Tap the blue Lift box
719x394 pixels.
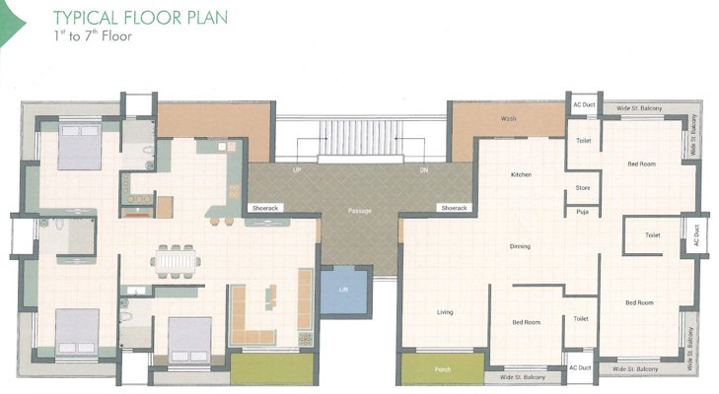(341, 290)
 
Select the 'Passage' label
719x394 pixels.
(358, 211)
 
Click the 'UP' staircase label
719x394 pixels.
(297, 169)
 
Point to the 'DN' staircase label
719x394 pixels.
(424, 169)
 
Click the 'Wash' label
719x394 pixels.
(509, 119)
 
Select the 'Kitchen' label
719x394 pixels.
(521, 174)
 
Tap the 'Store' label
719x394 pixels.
(582, 188)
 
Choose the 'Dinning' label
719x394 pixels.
(520, 246)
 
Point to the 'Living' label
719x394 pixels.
(444, 312)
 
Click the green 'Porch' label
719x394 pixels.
(443, 370)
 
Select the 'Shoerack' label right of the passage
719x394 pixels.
(454, 208)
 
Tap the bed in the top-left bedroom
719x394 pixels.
(77, 149)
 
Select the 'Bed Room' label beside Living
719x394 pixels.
(526, 322)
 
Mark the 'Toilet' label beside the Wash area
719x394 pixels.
(583, 142)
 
